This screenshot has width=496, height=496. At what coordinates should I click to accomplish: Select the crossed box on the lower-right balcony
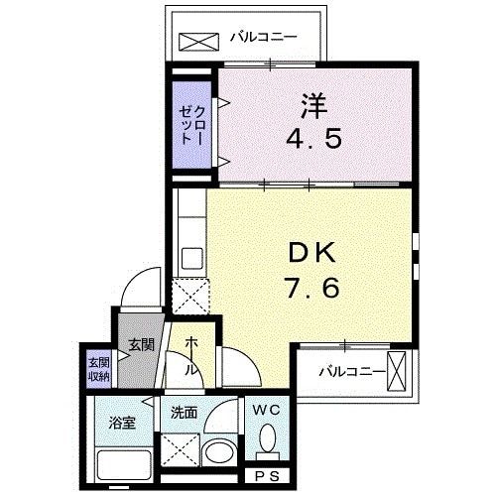(399, 373)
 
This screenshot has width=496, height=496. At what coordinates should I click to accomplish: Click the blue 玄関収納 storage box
(98, 367)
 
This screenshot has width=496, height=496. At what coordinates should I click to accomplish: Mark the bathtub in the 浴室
(123, 465)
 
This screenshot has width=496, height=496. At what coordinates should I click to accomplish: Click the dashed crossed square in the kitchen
(188, 295)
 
